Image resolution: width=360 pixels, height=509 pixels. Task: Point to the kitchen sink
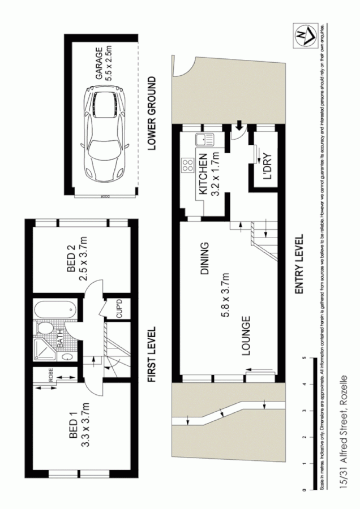point(201,139)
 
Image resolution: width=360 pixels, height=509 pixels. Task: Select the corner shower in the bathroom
point(45,349)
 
